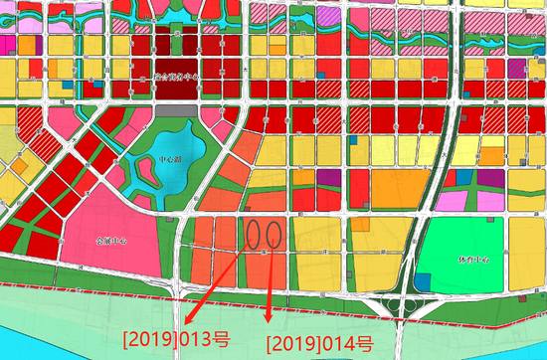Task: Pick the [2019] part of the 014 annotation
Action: (291, 344)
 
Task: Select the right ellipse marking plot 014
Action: (275, 234)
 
